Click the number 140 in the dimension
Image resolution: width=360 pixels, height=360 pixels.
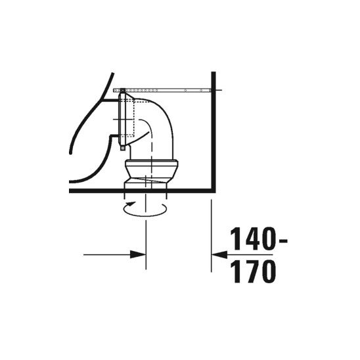pyautogui.click(x=252, y=239)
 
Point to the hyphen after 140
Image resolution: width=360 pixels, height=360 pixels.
pyautogui.click(x=282, y=240)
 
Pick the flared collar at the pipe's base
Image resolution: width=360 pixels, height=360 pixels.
pyautogui.click(x=150, y=171)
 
